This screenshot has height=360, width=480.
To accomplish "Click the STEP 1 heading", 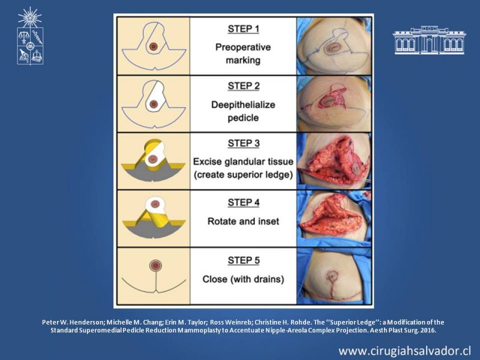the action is coord(244,29).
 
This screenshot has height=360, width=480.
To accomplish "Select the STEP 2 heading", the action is coord(244,86).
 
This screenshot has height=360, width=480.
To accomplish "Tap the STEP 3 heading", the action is coord(244,143).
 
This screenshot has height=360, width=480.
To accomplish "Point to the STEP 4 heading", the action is coord(244,203).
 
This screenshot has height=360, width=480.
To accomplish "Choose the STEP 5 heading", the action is coord(244,260).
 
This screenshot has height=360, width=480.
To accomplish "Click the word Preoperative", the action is coord(243,47).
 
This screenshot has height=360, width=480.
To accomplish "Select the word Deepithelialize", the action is coord(243,104).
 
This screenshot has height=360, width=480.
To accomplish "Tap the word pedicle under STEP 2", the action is coord(243,118).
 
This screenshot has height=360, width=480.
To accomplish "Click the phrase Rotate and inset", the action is coord(243,221).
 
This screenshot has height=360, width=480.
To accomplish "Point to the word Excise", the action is coord(206,161).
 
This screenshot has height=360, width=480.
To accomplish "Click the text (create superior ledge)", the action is coord(244,175).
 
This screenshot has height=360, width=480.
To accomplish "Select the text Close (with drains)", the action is coord(244,279).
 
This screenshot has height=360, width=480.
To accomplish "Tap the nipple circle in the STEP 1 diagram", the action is coord(154,47).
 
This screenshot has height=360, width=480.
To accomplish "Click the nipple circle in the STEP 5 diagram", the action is coord(155,266).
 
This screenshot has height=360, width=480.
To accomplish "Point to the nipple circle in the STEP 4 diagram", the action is coord(155,204).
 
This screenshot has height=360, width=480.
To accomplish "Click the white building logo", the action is coord(429,40).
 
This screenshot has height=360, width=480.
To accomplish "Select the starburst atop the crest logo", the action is coord(29,17).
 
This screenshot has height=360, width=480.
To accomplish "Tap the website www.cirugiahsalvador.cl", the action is coord(404,351).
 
